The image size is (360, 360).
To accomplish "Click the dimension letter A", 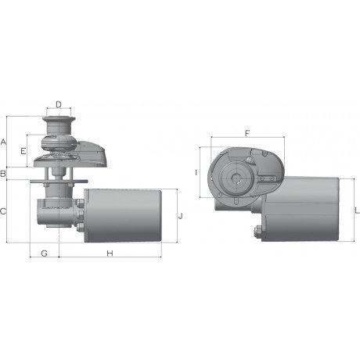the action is (3, 142).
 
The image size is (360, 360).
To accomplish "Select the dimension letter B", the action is (3, 174).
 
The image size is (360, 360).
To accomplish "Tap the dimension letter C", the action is (3, 211).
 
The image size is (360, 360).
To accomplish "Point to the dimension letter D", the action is (59, 105).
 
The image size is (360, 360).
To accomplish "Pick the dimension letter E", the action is (23, 151).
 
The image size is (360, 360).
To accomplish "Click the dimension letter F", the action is (247, 133).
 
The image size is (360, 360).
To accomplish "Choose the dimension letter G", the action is (45, 253).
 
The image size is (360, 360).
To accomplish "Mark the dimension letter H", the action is (110, 253).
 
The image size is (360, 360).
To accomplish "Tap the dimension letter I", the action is (196, 172).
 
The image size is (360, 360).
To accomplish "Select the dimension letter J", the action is (180, 216).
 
